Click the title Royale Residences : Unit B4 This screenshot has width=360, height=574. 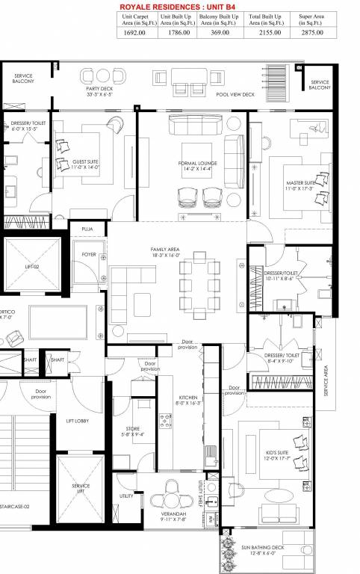tap(177, 6)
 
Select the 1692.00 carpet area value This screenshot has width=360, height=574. tap(140, 33)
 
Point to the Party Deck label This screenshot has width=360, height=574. tap(99, 91)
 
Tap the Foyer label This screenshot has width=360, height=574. tap(89, 255)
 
